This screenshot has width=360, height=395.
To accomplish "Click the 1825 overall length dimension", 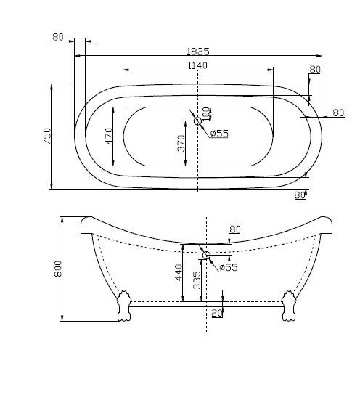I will point(197,51).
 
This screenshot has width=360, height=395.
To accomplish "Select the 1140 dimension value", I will point(197,65).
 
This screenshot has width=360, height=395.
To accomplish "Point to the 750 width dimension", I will point(46,136).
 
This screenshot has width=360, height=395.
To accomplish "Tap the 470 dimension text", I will point(109,136).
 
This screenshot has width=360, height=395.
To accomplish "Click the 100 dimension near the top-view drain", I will point(206,115).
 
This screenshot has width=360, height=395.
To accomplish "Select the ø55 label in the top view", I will point(219,133).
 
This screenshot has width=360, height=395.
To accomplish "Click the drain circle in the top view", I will point(198,121).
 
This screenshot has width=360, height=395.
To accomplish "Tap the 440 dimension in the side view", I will point(178,273).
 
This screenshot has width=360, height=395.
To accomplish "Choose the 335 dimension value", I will point(197,280).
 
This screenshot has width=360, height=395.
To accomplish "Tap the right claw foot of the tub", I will point(290,304).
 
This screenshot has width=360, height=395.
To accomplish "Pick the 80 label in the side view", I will point(234,229).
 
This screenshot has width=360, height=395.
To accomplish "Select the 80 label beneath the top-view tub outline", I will point(300,195).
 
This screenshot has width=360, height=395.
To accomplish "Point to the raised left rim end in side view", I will point(86,221).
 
